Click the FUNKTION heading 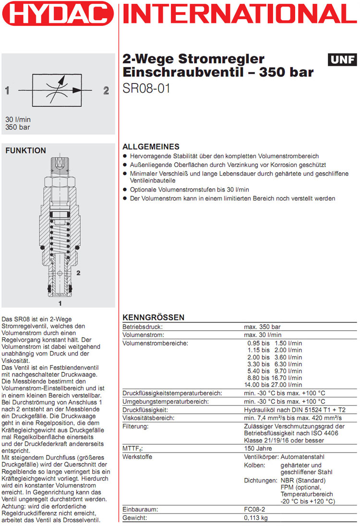(25, 151)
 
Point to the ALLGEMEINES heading (151, 147)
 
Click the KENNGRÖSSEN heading (154, 318)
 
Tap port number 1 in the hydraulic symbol (7, 90)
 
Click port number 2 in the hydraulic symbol (106, 90)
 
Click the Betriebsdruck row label (140, 327)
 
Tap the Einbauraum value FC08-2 (255, 510)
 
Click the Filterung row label (135, 426)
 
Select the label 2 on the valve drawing (78, 272)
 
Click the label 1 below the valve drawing (60, 303)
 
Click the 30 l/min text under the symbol (18, 120)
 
